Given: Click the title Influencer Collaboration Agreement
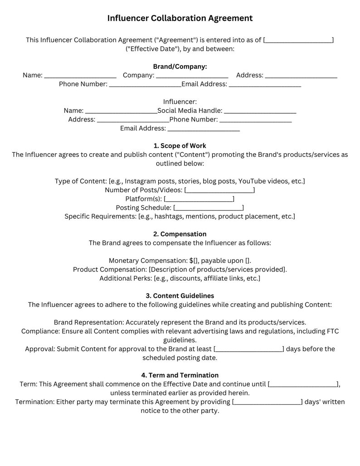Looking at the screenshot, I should (x=180, y=18).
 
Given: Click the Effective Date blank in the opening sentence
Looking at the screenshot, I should (x=298, y=40).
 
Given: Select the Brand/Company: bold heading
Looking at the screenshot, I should (x=180, y=67).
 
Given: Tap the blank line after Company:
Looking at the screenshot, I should (x=192, y=75).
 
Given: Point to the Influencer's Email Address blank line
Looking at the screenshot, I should (x=204, y=129).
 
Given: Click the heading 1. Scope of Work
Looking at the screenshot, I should (x=180, y=146).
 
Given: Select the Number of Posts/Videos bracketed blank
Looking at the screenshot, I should (x=219, y=190).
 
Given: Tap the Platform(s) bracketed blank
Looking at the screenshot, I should (x=199, y=199).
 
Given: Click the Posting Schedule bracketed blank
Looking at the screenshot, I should (x=209, y=208).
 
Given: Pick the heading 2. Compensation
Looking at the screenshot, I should (x=180, y=234).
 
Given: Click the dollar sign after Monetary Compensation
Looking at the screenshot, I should (x=191, y=261).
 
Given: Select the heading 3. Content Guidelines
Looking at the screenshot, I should (x=180, y=296).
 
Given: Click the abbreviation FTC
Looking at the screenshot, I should (x=332, y=331).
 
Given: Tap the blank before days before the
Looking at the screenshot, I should (x=248, y=349).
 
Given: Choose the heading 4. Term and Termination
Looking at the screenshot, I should (x=180, y=375).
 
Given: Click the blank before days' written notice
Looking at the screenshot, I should (x=267, y=402).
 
